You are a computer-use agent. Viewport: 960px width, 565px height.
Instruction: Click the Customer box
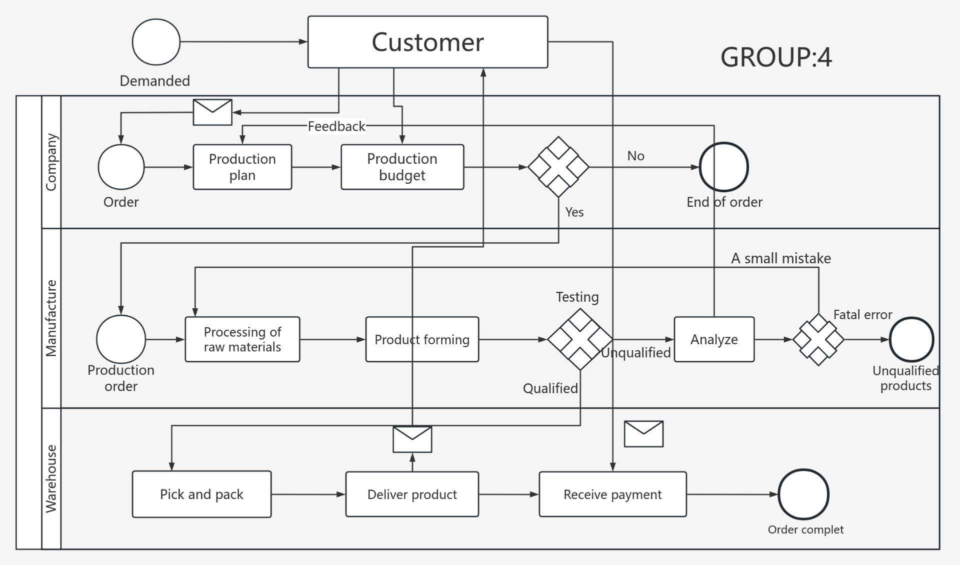[x=427, y=42]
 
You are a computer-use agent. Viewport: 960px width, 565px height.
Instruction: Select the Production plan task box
[x=242, y=167]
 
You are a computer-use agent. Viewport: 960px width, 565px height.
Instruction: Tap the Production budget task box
[x=402, y=167]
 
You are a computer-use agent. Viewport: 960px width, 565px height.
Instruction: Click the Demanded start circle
[x=156, y=42]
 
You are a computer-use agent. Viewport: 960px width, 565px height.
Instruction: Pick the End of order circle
[x=723, y=167]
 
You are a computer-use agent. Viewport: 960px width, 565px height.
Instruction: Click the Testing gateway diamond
[x=580, y=339]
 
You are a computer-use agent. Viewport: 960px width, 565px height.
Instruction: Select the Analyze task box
[x=714, y=339]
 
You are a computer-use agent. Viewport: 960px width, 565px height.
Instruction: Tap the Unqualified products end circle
[x=911, y=339]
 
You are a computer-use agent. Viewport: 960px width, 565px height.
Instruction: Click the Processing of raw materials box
[x=242, y=339]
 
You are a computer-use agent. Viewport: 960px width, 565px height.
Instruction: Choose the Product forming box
[x=422, y=339]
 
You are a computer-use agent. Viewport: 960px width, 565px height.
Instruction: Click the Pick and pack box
[x=201, y=494]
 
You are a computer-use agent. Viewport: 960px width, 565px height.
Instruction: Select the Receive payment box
[x=612, y=494]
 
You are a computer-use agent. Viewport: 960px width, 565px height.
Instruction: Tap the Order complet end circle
[x=803, y=494]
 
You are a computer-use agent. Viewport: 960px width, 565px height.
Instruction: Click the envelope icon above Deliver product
[x=412, y=439]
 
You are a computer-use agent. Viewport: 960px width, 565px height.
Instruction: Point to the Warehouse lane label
[x=51, y=479]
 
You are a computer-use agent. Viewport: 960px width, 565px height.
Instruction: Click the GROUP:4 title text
[x=776, y=57]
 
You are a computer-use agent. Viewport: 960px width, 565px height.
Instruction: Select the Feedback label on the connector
[x=336, y=126]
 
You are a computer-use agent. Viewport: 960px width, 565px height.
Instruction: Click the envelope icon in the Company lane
[x=212, y=112]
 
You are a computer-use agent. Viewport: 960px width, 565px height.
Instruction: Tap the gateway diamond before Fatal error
[x=818, y=339]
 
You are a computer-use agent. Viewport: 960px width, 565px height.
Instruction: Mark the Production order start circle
[x=121, y=339]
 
